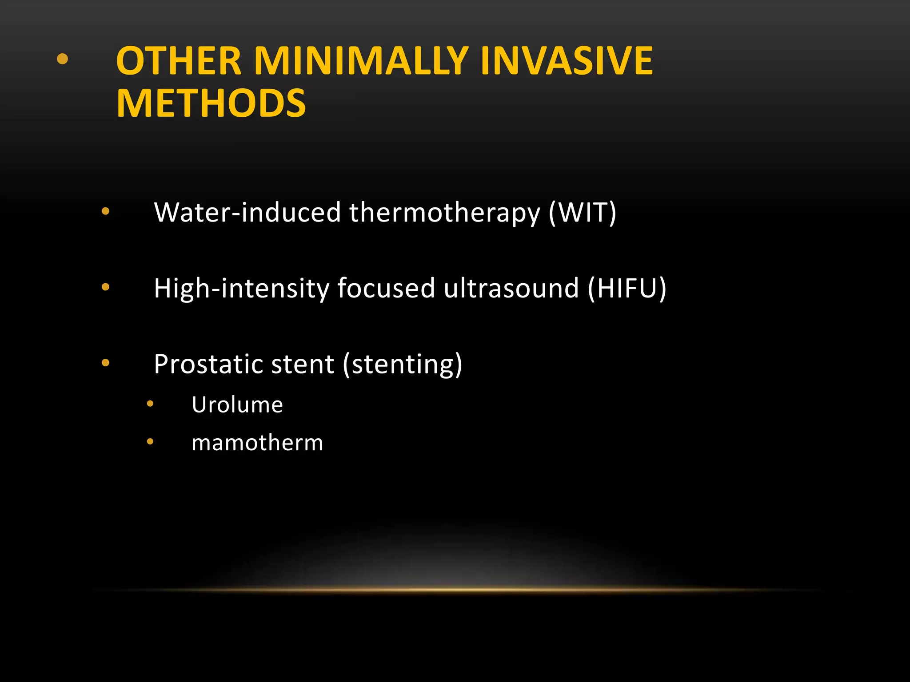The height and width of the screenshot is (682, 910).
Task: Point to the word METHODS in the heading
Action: (x=211, y=103)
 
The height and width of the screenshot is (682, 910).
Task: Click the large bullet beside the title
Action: (x=63, y=59)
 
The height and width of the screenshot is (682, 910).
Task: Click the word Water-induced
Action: (x=247, y=212)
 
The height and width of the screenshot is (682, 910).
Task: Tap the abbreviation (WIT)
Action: (x=583, y=213)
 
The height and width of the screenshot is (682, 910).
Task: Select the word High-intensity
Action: (x=241, y=289)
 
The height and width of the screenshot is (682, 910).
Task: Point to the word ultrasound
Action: (x=511, y=288)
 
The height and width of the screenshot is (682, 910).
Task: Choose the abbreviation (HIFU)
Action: (x=627, y=289)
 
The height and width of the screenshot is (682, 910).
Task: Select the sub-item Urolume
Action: (x=237, y=404)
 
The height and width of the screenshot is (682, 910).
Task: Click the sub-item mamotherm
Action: (x=257, y=443)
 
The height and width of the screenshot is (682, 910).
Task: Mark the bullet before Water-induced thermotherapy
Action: (x=105, y=211)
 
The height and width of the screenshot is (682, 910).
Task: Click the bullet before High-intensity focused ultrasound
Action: (x=105, y=287)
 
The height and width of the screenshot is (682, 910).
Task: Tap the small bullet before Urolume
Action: (x=150, y=404)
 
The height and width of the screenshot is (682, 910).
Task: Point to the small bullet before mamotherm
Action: (x=150, y=441)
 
